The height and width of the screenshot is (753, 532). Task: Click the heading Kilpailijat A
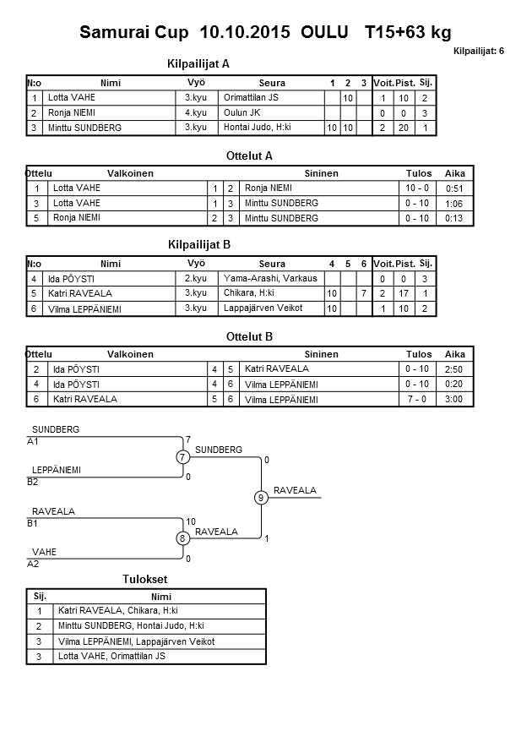click(x=199, y=63)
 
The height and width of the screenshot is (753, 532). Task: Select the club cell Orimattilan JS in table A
click(x=251, y=98)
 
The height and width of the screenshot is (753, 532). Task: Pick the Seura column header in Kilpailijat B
click(x=272, y=264)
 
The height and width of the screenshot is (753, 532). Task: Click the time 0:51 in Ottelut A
click(x=454, y=188)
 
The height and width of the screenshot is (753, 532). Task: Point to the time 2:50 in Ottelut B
click(x=454, y=369)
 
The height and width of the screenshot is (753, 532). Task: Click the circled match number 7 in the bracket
click(x=182, y=457)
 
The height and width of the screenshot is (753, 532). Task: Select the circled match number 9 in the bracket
click(x=262, y=498)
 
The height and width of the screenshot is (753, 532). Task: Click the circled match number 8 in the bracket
click(x=182, y=538)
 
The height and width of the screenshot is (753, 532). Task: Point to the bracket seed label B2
click(x=33, y=482)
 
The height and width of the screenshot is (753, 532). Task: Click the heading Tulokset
click(x=146, y=579)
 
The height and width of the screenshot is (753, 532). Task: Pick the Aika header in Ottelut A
click(x=455, y=173)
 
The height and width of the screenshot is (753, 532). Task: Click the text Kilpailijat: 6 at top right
click(x=479, y=52)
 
